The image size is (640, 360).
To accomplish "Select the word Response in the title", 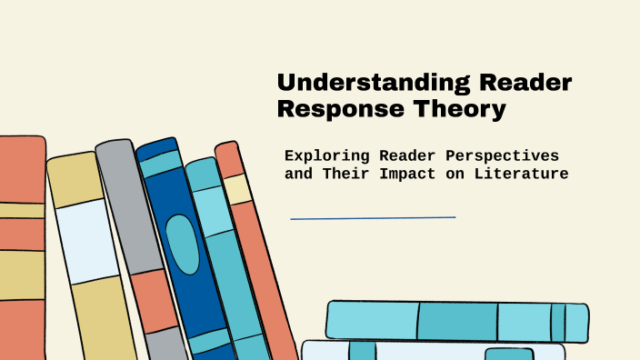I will coord(341,110).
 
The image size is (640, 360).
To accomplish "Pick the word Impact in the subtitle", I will coord(424,173).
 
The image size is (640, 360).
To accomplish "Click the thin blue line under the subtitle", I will coord(373,218).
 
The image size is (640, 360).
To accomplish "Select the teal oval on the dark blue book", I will coord(183,244).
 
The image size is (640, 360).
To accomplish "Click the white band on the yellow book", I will coord(85,241).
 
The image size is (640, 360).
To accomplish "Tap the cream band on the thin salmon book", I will coord(238,188).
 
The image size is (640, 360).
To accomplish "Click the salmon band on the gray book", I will coord(152,300).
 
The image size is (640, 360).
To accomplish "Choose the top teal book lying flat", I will coord(455,321).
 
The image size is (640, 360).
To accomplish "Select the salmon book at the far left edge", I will coord(20,245).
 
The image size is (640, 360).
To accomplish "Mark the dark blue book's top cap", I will coord(157,148).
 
